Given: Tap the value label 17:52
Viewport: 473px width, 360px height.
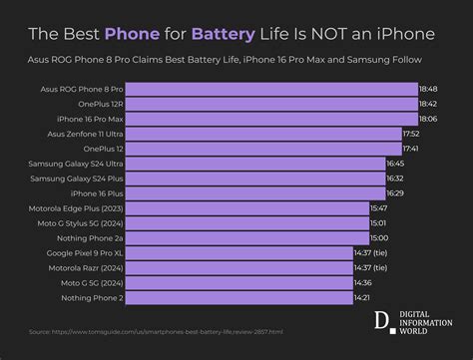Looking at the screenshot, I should [411, 133].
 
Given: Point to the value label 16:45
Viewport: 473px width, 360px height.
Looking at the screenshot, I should [395, 163].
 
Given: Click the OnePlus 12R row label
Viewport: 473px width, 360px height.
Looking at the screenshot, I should [98, 104].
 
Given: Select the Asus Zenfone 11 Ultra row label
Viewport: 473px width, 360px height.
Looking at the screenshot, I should [81, 133].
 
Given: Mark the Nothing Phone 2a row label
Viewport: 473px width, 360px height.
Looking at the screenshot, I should [91, 237].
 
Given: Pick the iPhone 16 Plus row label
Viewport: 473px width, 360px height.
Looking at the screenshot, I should [97, 192].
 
